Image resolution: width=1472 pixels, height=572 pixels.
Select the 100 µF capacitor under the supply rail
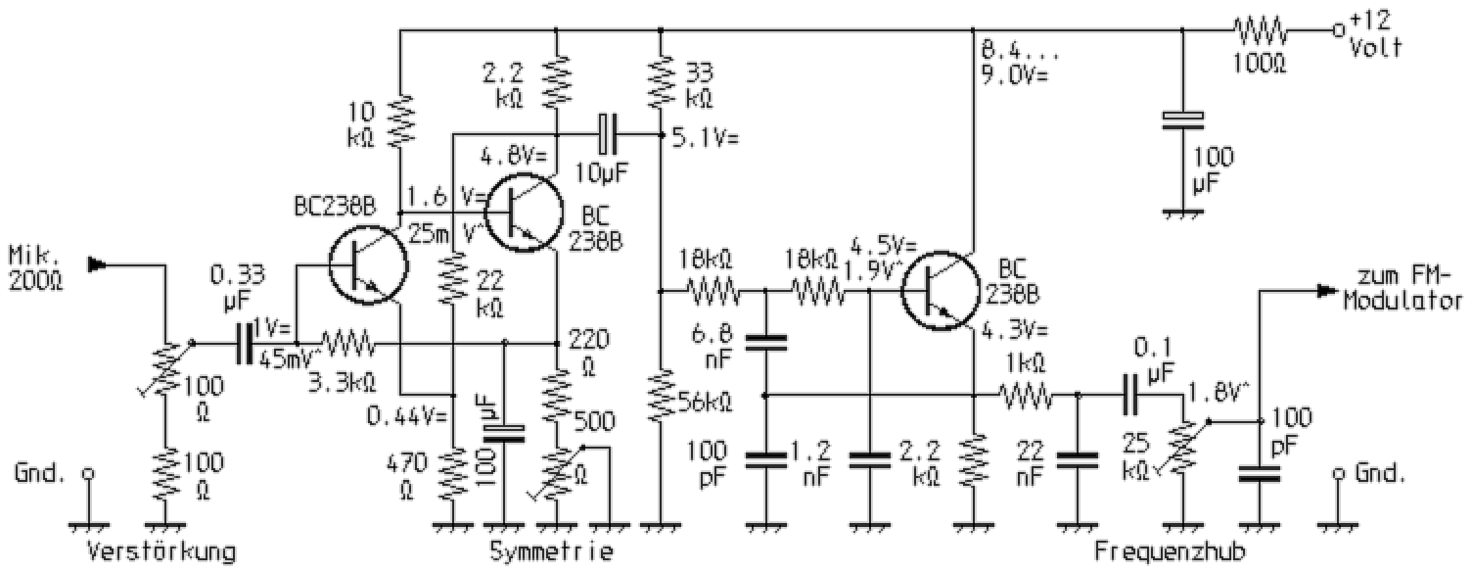[x=1183, y=120]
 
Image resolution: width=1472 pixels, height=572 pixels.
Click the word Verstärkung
[x=161, y=551]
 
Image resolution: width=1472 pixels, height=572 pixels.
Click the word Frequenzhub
[x=1170, y=551]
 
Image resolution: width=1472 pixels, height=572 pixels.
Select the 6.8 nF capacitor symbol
[x=763, y=343]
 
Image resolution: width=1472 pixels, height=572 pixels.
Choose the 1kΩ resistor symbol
[x=1025, y=396]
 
